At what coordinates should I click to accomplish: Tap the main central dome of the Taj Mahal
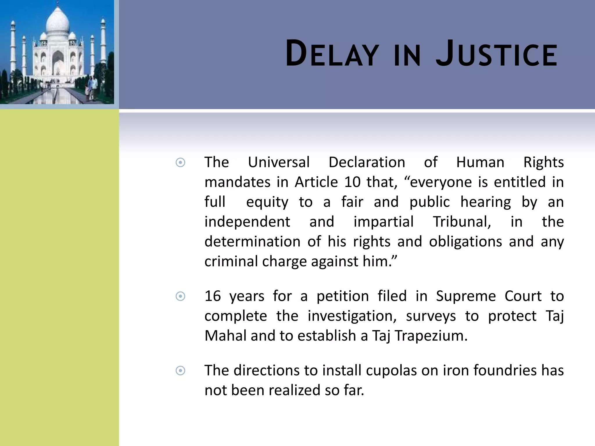coord(58,22)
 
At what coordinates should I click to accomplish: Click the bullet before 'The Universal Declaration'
coord(180,163)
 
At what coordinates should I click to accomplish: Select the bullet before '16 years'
coord(180,296)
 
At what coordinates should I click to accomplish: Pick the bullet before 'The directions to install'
coord(180,371)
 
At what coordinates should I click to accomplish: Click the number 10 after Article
coord(352,182)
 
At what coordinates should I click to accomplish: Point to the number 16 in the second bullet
coord(213,296)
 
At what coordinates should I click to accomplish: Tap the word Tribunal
coord(462,222)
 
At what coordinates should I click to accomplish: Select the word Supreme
coord(466,296)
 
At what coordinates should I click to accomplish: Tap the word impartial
coord(383,222)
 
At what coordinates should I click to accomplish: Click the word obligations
coord(465,242)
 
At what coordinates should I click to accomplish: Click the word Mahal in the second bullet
coord(225,336)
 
